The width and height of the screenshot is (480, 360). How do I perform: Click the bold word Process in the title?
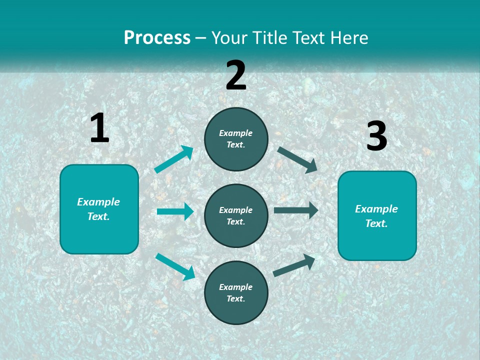point(157,38)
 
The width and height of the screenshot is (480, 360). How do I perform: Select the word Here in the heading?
point(348,38)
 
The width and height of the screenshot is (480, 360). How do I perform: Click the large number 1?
point(99,128)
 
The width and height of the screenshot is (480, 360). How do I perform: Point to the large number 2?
point(236,75)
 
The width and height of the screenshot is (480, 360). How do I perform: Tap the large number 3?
point(376,137)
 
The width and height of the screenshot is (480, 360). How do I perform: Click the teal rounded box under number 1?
point(99,209)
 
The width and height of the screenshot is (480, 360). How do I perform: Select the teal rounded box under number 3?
point(377,216)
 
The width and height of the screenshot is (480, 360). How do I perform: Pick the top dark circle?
point(236,139)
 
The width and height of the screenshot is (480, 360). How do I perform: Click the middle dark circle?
point(236,216)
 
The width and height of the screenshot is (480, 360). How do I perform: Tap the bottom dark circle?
point(236,292)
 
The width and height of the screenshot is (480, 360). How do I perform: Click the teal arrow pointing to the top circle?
point(174,159)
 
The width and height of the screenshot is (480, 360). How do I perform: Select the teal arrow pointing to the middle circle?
point(175,211)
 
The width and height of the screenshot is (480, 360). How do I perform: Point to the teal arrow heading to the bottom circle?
point(175,266)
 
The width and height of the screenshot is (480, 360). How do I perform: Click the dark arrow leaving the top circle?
point(297,159)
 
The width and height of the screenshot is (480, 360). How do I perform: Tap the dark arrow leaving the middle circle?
point(295,210)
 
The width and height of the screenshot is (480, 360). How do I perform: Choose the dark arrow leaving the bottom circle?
point(294,265)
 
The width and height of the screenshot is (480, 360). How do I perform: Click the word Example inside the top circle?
point(236,133)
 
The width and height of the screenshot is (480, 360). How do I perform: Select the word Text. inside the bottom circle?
point(236,298)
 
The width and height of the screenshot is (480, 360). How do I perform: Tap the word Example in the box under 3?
point(376,209)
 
